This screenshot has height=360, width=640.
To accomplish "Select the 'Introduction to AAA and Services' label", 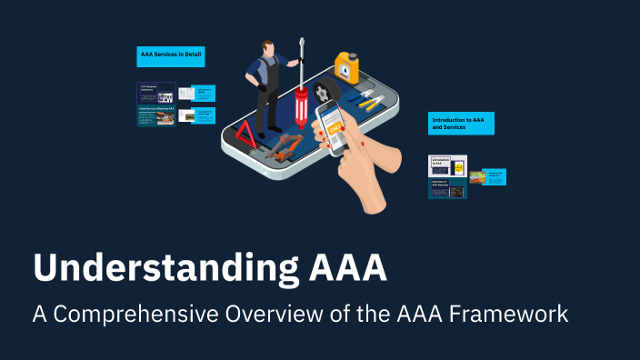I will pos(461,124).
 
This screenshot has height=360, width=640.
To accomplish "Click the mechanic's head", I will pos(269,47).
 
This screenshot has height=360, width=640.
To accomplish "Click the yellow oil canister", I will pos(346,68).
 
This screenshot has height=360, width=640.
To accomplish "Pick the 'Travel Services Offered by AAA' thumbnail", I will pos(156,115).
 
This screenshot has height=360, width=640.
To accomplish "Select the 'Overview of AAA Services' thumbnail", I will pos(447,188).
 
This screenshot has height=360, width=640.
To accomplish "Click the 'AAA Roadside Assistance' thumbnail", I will pos(156,92).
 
